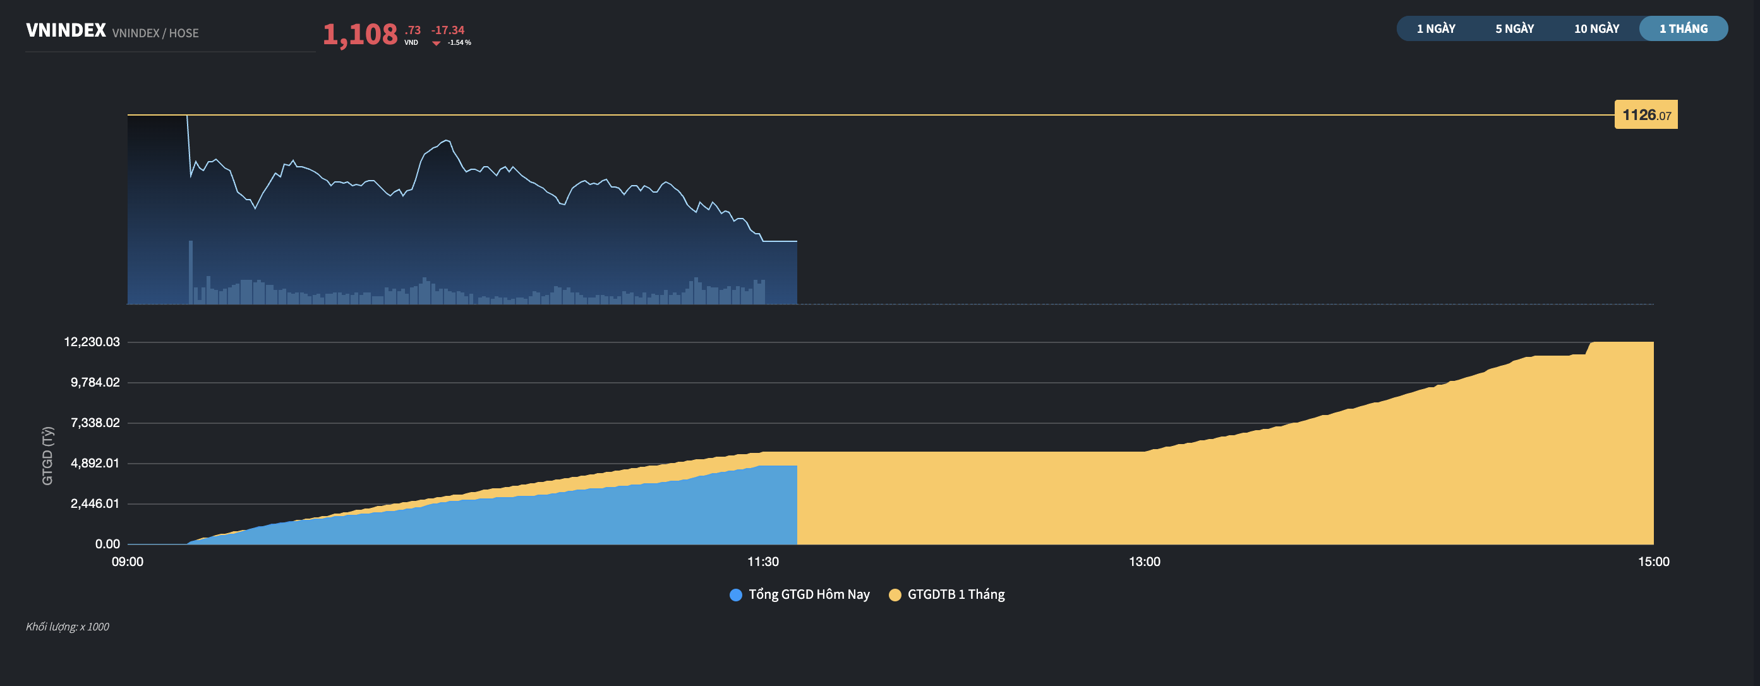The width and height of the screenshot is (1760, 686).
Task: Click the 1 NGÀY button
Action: [1435, 28]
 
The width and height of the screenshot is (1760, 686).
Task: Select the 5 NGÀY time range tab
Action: [1514, 28]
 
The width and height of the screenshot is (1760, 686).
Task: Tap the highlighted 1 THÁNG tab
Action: [1683, 28]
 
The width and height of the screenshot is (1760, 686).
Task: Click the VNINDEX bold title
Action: [66, 31]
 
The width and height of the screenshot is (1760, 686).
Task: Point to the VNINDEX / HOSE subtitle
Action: [155, 33]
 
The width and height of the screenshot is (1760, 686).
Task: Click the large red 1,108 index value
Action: [360, 34]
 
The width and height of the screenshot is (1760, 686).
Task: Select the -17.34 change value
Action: [447, 30]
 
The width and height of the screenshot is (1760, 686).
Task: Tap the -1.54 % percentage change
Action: [459, 42]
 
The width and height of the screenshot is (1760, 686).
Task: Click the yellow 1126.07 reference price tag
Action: [1645, 115]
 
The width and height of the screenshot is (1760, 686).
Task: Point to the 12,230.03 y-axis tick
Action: [92, 342]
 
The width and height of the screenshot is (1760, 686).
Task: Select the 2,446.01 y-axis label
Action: [95, 503]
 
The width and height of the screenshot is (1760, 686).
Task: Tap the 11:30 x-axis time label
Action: [762, 562]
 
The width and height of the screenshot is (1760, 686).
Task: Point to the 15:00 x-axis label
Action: [1653, 562]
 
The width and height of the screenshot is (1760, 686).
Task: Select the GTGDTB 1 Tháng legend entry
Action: [947, 594]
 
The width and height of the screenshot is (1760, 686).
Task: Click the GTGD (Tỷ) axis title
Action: [47, 455]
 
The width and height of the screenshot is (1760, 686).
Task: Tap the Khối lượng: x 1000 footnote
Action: [67, 627]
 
